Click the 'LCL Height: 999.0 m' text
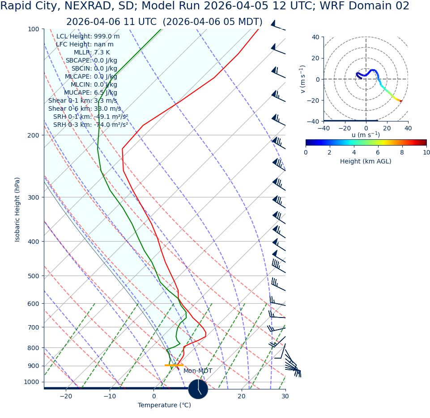click(88, 37)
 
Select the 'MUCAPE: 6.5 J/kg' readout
click(89, 93)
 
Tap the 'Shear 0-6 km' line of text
click(85, 109)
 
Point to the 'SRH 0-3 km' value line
click(90, 125)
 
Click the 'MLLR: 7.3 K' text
click(92, 53)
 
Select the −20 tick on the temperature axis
click(66, 397)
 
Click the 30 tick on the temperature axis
click(285, 397)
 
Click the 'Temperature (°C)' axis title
click(164, 405)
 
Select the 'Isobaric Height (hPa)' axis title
click(17, 209)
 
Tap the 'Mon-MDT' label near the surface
click(198, 371)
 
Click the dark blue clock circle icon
click(198, 389)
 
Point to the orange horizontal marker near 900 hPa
click(174, 365)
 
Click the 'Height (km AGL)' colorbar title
click(366, 162)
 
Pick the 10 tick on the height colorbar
click(426, 153)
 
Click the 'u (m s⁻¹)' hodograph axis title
click(366, 135)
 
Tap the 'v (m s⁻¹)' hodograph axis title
click(303, 79)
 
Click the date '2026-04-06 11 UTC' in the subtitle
click(111, 22)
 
